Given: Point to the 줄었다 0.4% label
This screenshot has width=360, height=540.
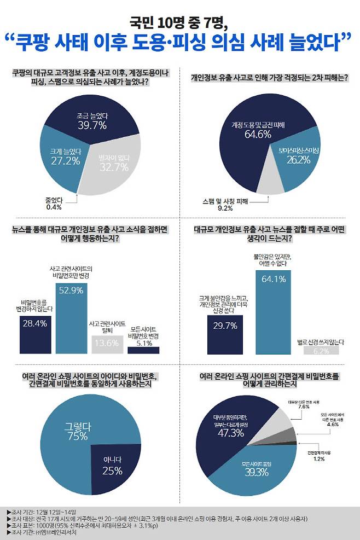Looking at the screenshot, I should pyautogui.click(x=54, y=203).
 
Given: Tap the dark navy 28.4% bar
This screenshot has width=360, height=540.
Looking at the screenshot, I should pyautogui.click(x=35, y=334).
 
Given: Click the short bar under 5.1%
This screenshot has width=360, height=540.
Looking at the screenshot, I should pyautogui.click(x=143, y=350).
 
